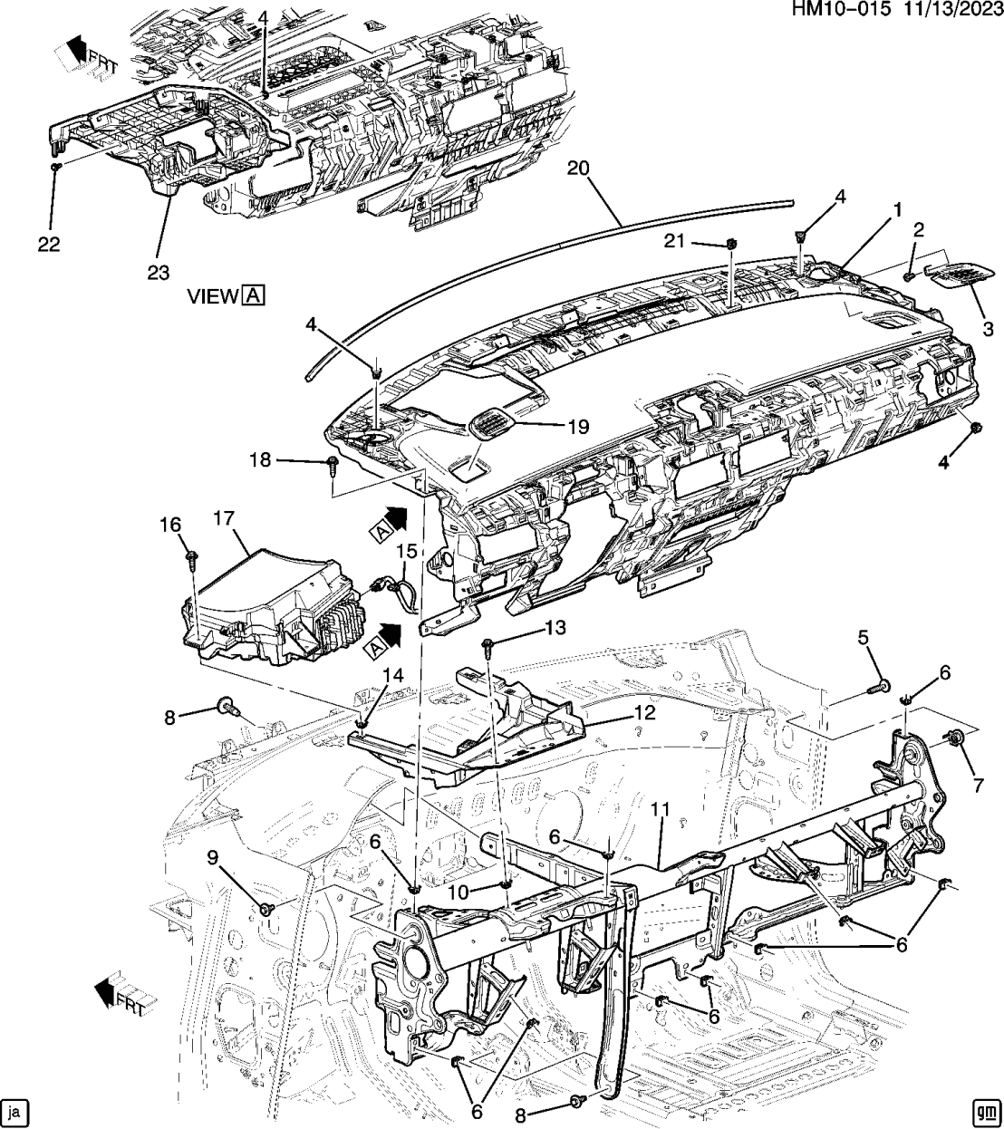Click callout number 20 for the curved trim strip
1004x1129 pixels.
coord(578,169)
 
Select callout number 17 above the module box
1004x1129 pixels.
coord(224,518)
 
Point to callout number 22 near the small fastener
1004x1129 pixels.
coord(49,245)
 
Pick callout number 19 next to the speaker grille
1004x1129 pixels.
coord(577,426)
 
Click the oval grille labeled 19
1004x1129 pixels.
coord(491,422)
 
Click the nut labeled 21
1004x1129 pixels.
coord(730,243)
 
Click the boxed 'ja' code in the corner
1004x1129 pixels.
coord(14,1111)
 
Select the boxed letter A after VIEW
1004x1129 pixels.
coord(253,295)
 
